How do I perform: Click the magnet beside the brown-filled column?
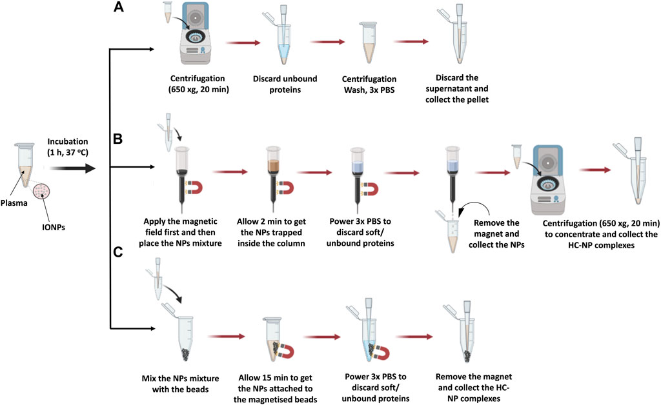[x=285, y=186]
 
